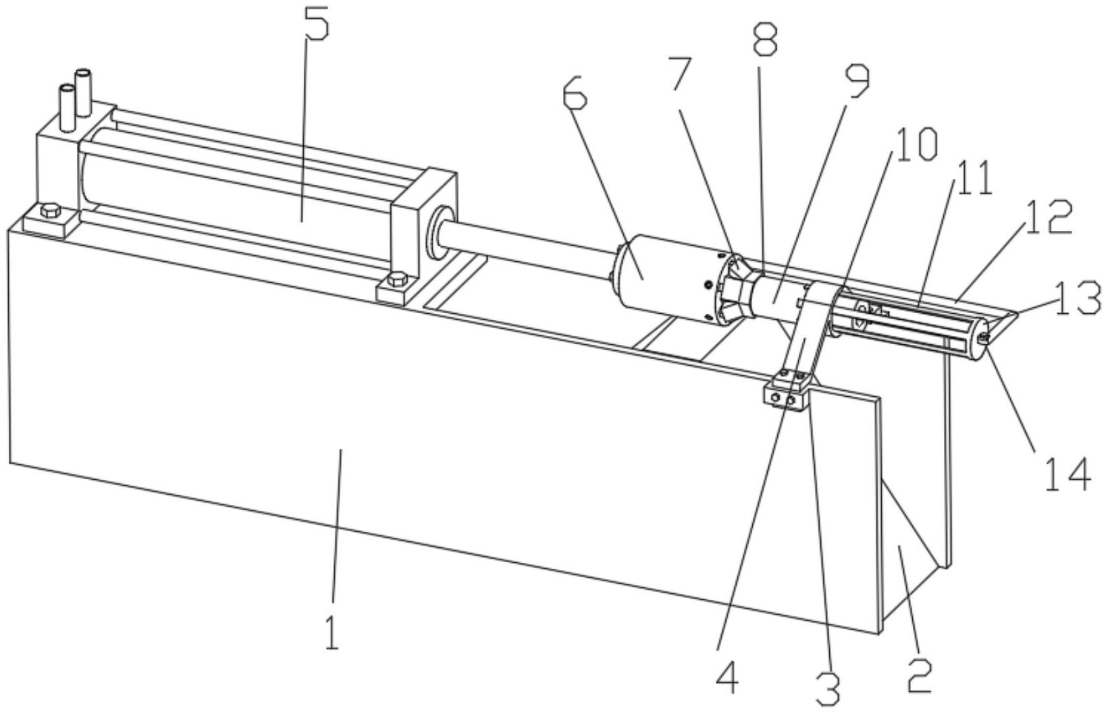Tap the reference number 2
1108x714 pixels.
920,676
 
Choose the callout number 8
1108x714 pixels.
765,40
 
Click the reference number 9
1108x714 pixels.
855,82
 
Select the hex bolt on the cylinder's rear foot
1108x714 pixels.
49,210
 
